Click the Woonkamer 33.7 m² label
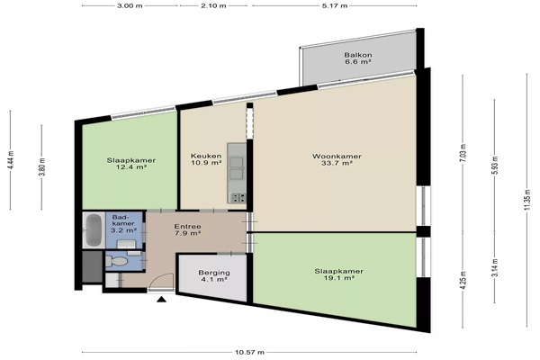337,159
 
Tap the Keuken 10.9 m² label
206,159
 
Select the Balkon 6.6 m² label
358,58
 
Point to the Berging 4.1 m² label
214,276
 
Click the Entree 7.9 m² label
188,229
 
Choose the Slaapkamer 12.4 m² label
130,164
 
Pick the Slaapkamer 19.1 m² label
339,274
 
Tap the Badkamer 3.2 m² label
123,223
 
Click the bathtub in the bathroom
94,229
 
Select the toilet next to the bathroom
116,261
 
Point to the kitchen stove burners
238,197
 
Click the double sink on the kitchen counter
237,168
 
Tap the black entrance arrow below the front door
161,299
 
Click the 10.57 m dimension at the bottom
249,353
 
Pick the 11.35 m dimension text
526,201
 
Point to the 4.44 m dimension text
11,159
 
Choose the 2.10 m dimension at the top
213,5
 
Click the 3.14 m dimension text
495,267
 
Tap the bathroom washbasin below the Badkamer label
126,244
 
